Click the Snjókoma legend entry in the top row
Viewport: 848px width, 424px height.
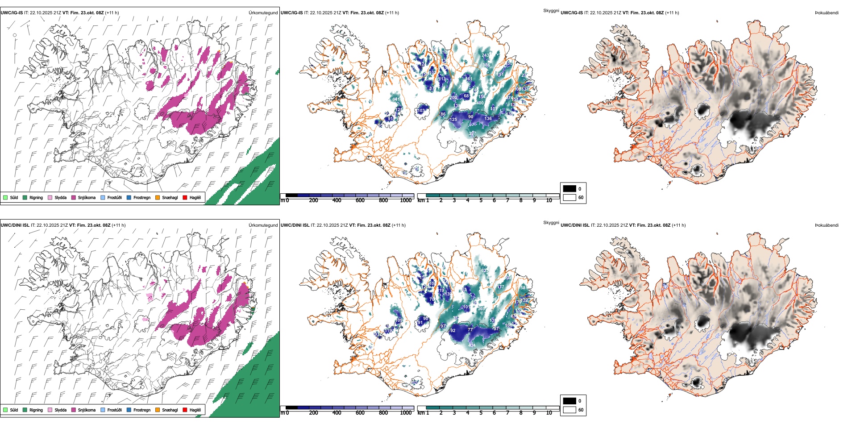pyautogui.click(x=87, y=198)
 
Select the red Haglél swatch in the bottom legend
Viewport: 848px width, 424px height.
pyautogui.click(x=185, y=410)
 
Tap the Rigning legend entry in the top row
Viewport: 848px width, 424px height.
pyautogui.click(x=36, y=198)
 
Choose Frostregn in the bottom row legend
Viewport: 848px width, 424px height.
pyautogui.click(x=141, y=410)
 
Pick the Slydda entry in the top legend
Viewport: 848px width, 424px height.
pyautogui.click(x=60, y=198)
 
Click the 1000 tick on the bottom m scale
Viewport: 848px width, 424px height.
pyautogui.click(x=406, y=413)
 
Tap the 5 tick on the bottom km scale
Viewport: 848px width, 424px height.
pyautogui.click(x=481, y=413)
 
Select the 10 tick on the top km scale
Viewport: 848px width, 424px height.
pyautogui.click(x=549, y=200)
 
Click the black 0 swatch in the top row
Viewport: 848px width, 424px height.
pyautogui.click(x=569, y=189)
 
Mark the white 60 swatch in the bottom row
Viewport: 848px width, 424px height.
pyautogui.click(x=569, y=410)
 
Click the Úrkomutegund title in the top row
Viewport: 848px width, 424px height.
pyautogui.click(x=263, y=13)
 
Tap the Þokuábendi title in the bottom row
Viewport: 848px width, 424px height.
pyautogui.click(x=827, y=225)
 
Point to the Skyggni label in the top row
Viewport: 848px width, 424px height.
pyautogui.click(x=551, y=10)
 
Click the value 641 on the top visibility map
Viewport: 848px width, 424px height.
pyautogui.click(x=396, y=99)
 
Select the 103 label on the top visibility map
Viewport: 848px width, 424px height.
pyautogui.click(x=421, y=110)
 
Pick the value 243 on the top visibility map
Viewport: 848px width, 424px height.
pyautogui.click(x=486, y=55)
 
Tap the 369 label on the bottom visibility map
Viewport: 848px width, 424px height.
pyautogui.click(x=481, y=308)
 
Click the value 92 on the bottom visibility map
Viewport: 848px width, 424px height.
pyautogui.click(x=453, y=331)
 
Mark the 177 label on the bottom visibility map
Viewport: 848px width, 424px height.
pyautogui.click(x=501, y=287)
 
